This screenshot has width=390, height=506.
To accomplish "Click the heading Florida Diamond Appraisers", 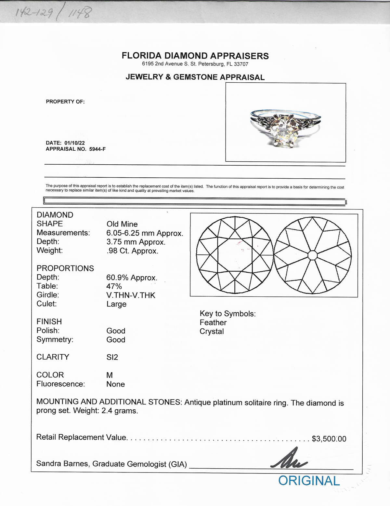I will [195, 56].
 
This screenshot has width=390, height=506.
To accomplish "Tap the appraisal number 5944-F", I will [97, 149].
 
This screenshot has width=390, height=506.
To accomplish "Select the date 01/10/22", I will [74, 143].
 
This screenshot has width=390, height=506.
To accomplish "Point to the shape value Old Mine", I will [122, 224].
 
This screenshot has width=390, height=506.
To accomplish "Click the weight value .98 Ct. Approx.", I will [132, 251].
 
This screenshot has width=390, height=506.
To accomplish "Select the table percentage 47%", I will [114, 286].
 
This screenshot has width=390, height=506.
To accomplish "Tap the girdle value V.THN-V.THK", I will [131, 295].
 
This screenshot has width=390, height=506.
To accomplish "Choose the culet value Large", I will [116, 304].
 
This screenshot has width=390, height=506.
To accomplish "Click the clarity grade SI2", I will [112, 357].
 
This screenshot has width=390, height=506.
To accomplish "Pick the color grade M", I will [110, 375].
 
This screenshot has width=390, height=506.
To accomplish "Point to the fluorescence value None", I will [115, 384].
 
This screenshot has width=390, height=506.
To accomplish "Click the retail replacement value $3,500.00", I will [329, 439].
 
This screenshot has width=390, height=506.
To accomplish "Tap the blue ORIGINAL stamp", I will [309, 481].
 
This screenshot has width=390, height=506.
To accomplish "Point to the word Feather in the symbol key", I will [213, 322].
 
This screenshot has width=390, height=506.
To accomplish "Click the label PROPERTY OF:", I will [65, 102].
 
